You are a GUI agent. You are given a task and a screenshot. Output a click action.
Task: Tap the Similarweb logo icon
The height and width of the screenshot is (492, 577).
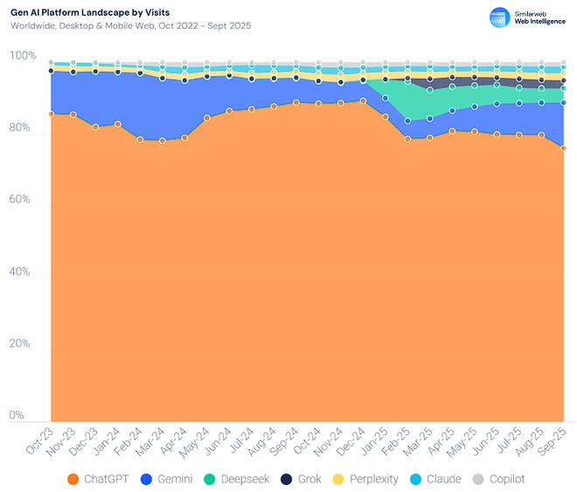coord(500,17)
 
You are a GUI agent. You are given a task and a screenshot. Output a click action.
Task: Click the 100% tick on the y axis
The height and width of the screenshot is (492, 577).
coord(23,56)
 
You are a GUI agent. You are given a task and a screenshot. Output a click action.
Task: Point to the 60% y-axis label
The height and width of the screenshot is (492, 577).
coord(23,200)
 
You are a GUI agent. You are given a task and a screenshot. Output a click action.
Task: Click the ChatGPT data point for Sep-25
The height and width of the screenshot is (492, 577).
coord(564,148)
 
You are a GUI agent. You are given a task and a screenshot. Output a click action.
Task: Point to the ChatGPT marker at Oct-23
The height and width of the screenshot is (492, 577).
coord(52,114)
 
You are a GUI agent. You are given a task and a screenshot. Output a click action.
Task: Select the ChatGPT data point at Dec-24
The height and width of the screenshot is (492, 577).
coord(363,101)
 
